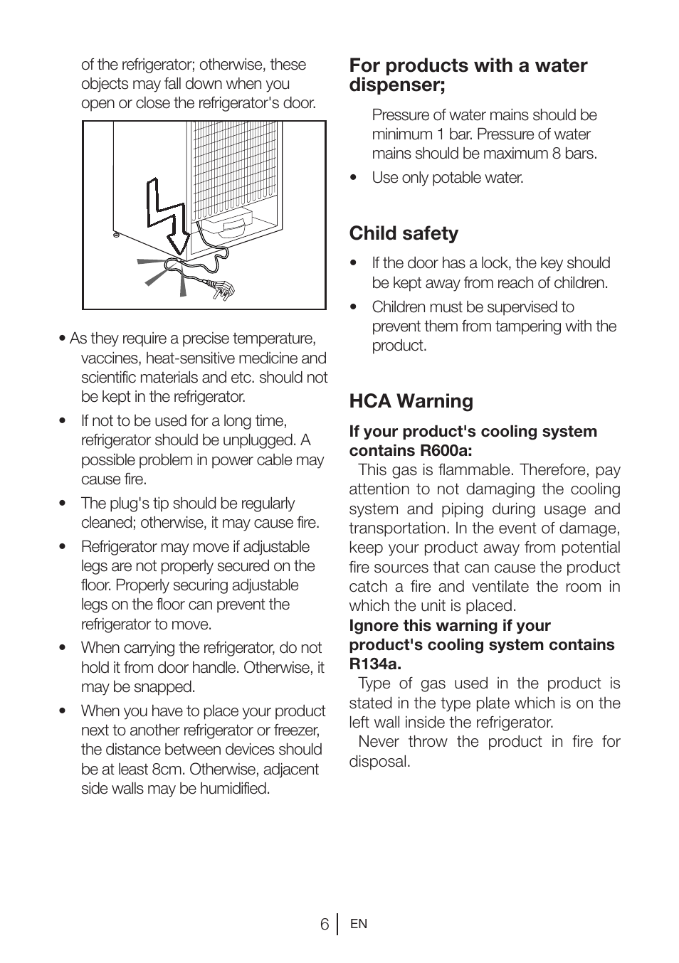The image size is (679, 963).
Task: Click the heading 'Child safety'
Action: point(404,233)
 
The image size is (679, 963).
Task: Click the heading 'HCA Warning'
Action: point(411,401)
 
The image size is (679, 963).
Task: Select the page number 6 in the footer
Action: point(325,924)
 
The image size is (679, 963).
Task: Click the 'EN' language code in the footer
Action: point(359,924)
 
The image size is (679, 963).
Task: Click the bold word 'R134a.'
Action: point(375,664)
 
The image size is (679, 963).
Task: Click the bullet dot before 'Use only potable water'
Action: point(353,178)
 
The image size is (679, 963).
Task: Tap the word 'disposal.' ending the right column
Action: point(379,762)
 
